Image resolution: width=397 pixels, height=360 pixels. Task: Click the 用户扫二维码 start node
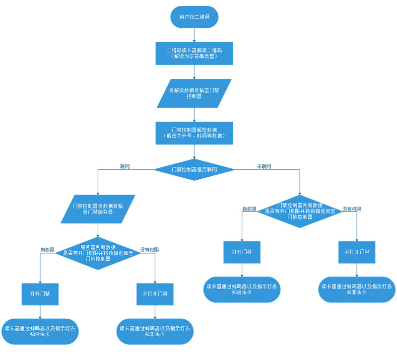click(x=194, y=17)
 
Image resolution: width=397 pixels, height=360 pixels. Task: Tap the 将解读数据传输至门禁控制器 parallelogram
click(x=194, y=93)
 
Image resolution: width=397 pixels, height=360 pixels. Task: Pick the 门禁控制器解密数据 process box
click(x=194, y=133)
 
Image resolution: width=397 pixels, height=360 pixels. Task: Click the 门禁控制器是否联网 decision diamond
click(x=194, y=169)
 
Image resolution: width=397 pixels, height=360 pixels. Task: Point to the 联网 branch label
click(x=125, y=166)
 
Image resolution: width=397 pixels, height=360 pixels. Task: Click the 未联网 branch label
click(x=264, y=166)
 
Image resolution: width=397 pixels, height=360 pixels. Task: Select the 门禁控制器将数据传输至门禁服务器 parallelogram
click(x=98, y=208)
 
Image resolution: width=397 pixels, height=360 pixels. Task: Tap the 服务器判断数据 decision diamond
click(x=98, y=253)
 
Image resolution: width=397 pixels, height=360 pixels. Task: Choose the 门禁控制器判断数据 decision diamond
click(x=300, y=211)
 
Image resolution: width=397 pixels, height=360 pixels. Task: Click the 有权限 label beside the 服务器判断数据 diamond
click(x=48, y=249)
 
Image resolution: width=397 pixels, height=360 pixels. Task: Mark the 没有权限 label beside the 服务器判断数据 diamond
click(x=149, y=249)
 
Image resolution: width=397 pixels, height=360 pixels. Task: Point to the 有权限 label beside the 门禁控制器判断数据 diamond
click(x=249, y=209)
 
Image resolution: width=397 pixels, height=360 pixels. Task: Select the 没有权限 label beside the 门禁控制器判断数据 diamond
click(x=351, y=209)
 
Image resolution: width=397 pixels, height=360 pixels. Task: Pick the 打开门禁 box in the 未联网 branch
click(x=242, y=252)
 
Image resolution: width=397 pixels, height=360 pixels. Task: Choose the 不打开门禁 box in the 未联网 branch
click(x=357, y=252)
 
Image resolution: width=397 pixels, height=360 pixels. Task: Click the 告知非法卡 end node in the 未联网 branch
click(x=357, y=289)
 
